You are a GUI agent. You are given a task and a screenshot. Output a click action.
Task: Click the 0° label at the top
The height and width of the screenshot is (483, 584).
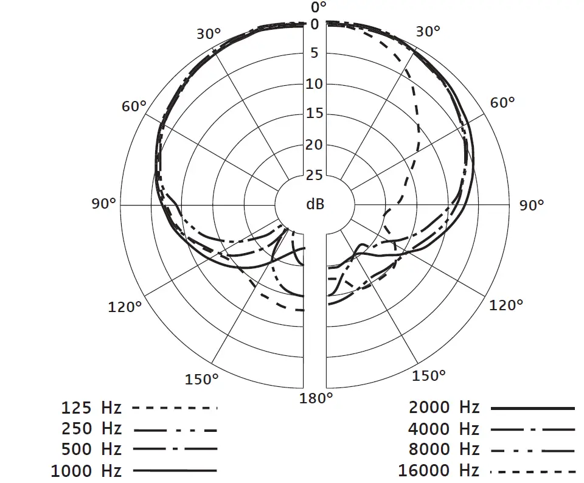point(319,7)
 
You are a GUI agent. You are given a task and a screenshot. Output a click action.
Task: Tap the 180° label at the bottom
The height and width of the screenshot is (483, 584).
point(317,398)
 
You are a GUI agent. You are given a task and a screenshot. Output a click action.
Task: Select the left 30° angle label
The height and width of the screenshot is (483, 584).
point(209,33)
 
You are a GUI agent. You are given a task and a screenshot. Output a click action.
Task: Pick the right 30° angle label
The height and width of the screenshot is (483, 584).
point(428,32)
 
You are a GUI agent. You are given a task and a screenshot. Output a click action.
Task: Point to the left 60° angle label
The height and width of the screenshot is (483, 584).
point(134,106)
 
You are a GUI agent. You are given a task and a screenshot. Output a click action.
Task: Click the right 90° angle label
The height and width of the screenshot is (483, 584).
point(532,206)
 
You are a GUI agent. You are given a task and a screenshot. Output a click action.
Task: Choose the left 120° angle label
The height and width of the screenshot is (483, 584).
point(125,307)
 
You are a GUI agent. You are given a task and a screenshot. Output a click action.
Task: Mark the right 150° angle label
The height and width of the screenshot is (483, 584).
point(429,375)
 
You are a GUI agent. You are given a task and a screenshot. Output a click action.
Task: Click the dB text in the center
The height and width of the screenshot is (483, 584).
point(315,204)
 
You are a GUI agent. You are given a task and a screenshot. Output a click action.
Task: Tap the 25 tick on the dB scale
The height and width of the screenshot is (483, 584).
point(315,176)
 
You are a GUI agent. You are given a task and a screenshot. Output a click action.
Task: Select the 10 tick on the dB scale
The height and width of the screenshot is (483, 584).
point(315,84)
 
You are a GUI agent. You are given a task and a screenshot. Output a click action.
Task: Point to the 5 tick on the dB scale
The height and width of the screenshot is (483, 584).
point(315,53)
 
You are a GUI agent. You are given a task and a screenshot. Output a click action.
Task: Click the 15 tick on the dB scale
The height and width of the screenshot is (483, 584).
point(315,114)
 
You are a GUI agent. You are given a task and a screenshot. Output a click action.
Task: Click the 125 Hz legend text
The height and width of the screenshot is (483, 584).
point(91,408)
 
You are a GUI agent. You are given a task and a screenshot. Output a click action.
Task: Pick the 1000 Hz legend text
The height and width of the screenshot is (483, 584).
point(86,471)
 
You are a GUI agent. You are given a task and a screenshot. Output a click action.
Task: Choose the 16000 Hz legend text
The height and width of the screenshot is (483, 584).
point(439,471)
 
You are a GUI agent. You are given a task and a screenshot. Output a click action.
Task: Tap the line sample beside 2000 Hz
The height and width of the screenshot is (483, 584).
point(532,408)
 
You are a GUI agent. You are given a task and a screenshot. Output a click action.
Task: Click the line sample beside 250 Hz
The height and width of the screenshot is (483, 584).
point(175,429)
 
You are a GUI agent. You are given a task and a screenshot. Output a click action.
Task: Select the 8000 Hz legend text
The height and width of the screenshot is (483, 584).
point(443,450)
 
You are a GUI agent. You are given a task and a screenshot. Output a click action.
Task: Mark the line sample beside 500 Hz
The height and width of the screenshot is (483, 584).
point(175,450)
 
